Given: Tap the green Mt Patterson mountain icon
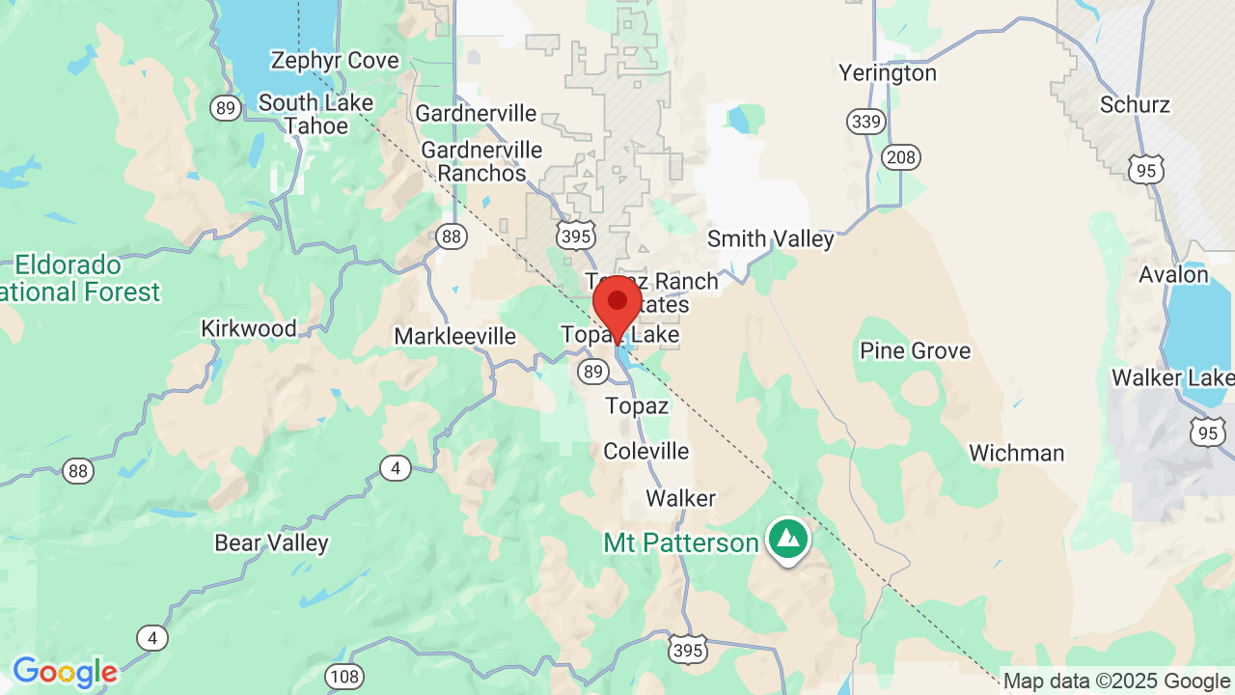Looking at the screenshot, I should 788,539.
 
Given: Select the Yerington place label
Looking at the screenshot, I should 887,73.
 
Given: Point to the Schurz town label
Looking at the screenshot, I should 1137,104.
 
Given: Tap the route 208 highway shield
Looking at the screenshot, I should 900,157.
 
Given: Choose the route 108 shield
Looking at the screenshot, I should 344,676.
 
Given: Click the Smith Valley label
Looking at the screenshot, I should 770,239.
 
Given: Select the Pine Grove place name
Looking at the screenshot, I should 915,350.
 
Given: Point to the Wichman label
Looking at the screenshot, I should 1016,453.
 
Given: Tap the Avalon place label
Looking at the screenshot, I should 1173,275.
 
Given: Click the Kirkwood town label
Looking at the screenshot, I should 248,328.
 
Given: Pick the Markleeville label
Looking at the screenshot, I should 455,337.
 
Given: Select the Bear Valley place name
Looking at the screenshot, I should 271,543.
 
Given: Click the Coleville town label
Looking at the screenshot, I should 645,451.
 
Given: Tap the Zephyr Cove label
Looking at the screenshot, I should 334,61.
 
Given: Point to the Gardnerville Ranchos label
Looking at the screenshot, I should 481,162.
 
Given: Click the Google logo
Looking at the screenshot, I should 65,672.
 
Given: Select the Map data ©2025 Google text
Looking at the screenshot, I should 1116,681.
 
